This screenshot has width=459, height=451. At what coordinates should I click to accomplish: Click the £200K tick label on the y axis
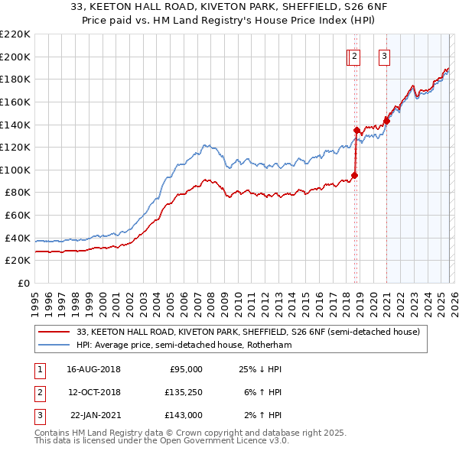tap(15, 57)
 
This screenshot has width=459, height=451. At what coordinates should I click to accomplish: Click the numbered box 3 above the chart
tap(383, 55)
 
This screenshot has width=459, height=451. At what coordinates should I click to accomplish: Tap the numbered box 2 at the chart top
tap(355, 55)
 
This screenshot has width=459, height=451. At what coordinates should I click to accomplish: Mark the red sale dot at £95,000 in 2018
tap(355, 175)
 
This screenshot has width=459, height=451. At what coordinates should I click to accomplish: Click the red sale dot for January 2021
tap(386, 120)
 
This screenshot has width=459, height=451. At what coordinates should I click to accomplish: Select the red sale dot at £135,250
tap(357, 129)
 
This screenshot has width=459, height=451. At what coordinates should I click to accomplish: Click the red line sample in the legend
tap(55, 333)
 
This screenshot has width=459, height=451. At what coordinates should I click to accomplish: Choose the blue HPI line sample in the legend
tap(55, 346)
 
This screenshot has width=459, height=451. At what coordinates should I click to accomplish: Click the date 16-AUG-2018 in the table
tap(93, 368)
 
